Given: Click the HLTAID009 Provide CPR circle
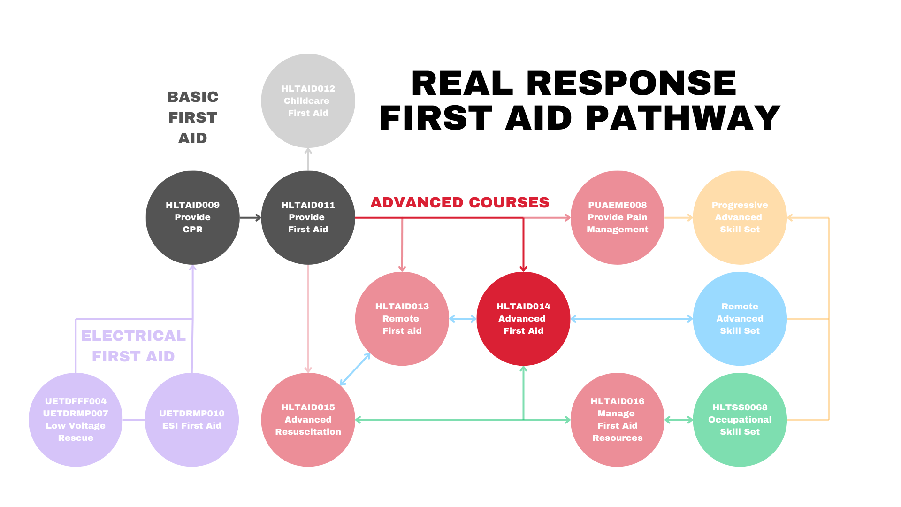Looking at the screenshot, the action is (192, 217).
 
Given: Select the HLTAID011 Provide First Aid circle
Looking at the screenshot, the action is (308, 217).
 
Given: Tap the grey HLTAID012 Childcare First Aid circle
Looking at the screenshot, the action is (308, 101).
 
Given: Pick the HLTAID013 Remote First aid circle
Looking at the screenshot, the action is (402, 319).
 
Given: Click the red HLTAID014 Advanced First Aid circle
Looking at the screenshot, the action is (523, 319).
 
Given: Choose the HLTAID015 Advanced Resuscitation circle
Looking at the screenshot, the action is (308, 420).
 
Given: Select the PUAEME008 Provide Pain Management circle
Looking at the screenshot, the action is (618, 217).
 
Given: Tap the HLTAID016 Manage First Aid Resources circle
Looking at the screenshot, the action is (618, 420).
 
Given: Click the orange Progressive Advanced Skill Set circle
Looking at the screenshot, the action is (740, 217).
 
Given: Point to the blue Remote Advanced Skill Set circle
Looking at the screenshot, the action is (740, 319).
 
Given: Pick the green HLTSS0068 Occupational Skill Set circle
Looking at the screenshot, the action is (740, 420).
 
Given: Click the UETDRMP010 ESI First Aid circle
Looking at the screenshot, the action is (192, 420).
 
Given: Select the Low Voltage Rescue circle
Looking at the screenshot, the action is (76, 420).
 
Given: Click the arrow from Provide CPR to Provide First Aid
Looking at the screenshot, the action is (251, 217).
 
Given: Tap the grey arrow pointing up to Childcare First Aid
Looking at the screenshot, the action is (308, 159).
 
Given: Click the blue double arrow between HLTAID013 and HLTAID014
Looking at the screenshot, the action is (463, 319).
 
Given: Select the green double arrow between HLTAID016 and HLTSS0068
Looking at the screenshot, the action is (679, 420).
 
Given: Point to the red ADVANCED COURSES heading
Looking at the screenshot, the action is (460, 202).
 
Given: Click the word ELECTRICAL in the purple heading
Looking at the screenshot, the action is (133, 336).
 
